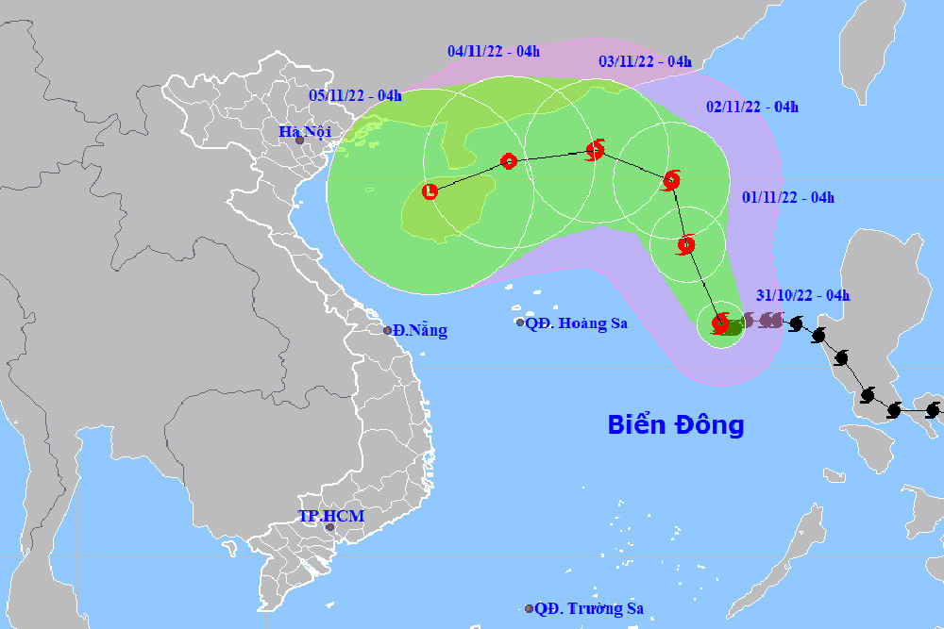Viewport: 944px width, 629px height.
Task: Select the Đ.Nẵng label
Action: pyautogui.click(x=421, y=330)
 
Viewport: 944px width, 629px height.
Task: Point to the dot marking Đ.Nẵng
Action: pyautogui.click(x=388, y=330)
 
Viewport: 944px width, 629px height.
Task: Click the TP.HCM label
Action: pyautogui.click(x=330, y=516)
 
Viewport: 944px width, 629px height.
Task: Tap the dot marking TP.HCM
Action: pyautogui.click(x=329, y=527)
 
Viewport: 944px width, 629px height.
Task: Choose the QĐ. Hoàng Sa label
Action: pyautogui.click(x=577, y=323)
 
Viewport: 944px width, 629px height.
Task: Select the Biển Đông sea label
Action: pyautogui.click(x=676, y=424)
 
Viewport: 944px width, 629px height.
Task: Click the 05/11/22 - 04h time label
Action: pyautogui.click(x=355, y=94)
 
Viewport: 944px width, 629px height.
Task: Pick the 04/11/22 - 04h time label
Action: pyautogui.click(x=494, y=51)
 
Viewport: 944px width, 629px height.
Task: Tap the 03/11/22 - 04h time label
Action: pyautogui.click(x=646, y=61)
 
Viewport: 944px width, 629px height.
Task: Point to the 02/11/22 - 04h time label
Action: pyautogui.click(x=752, y=107)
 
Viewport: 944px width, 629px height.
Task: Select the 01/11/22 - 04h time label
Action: pyautogui.click(x=788, y=197)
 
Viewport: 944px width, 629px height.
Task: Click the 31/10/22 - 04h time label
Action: pyautogui.click(x=803, y=295)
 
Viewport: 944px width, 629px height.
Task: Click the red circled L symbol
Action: pyautogui.click(x=430, y=191)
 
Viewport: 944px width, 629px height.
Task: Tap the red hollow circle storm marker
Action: pyautogui.click(x=509, y=161)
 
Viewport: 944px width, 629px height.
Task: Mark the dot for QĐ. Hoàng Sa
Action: pyautogui.click(x=520, y=323)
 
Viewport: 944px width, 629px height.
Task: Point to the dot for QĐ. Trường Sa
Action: pyautogui.click(x=529, y=608)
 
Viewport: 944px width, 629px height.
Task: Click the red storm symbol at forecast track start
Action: pyautogui.click(x=721, y=323)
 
